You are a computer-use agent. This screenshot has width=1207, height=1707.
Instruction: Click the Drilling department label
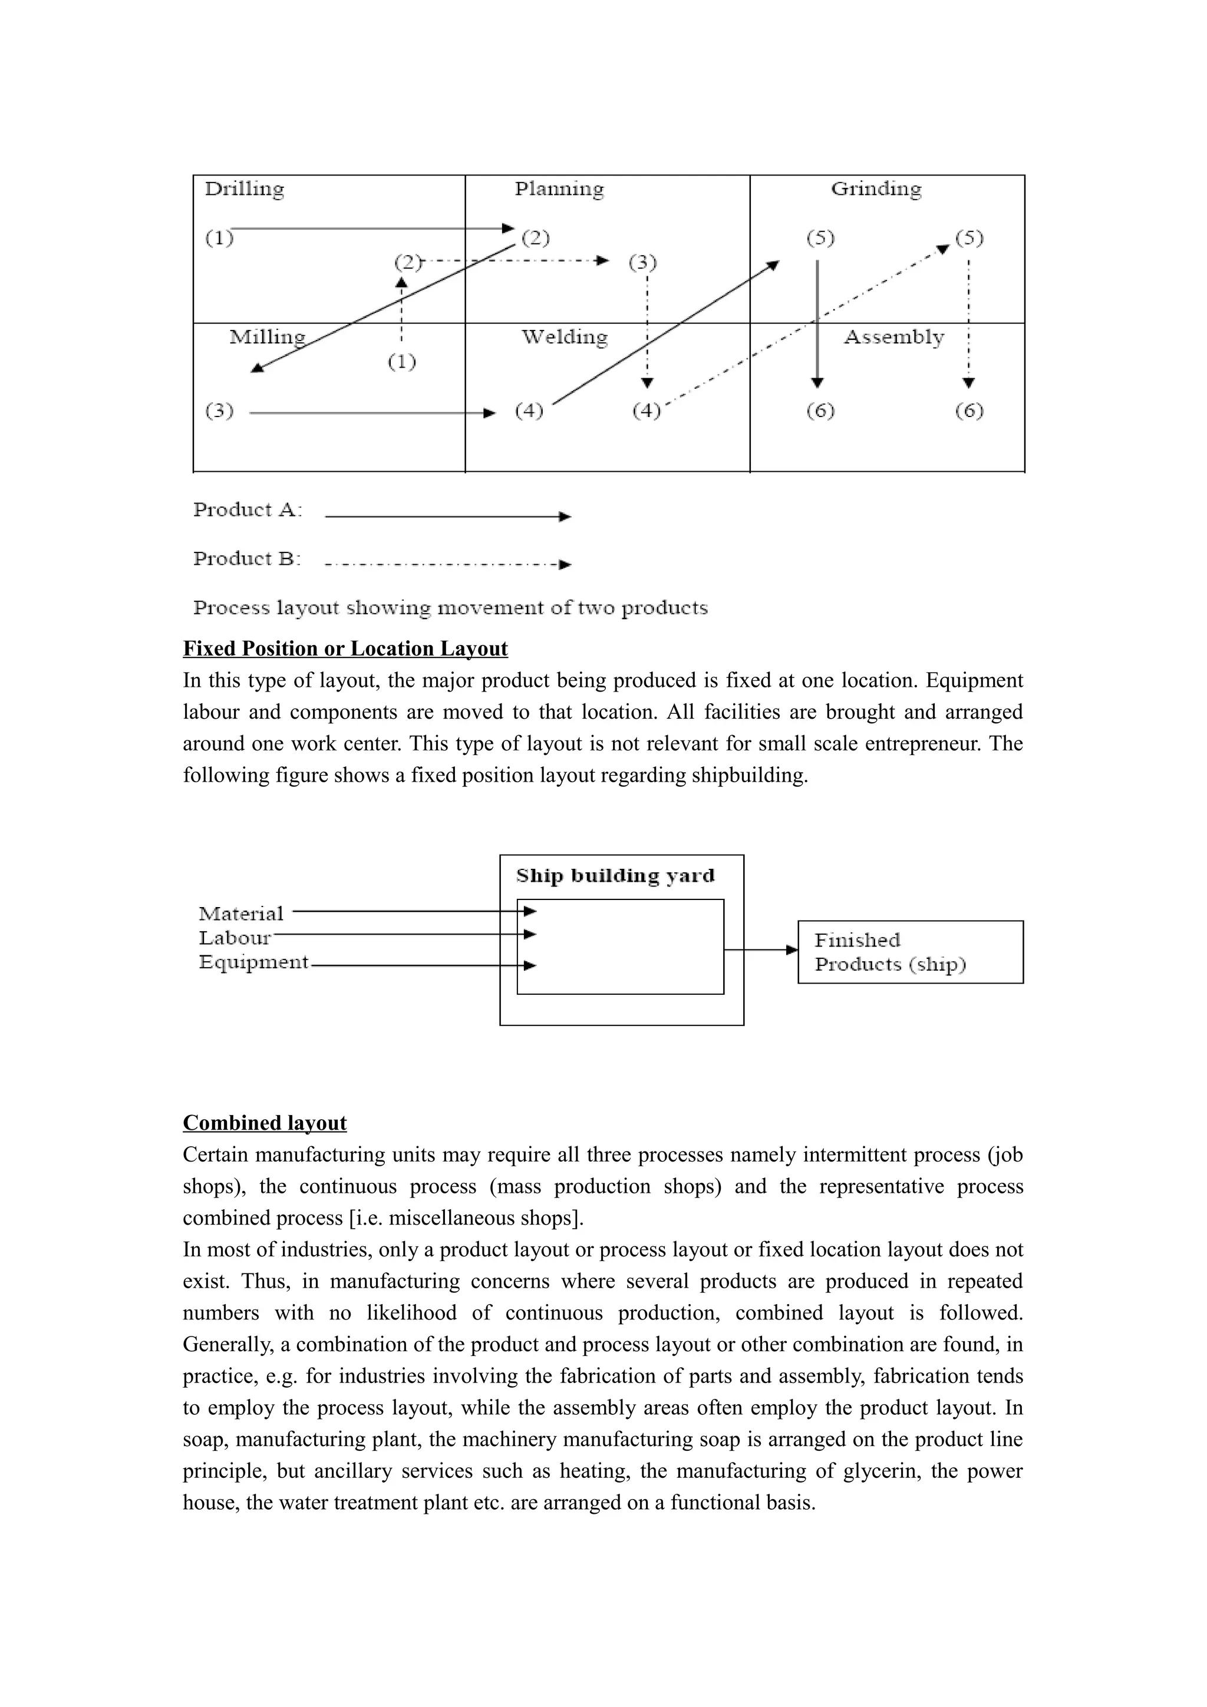tap(244, 189)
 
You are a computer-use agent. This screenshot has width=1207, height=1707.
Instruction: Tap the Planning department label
tap(559, 189)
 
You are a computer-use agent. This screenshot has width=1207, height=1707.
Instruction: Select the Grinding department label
tap(876, 189)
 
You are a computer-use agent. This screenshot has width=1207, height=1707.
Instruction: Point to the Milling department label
tap(267, 338)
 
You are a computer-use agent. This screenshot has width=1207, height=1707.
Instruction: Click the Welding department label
tap(565, 338)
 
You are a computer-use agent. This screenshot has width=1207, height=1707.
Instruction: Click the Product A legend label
tap(247, 510)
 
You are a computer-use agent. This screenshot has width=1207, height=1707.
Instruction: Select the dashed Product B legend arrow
tap(448, 564)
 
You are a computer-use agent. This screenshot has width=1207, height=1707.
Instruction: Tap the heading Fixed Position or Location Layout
tap(345, 649)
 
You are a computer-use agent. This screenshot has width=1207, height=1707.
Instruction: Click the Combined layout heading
tap(265, 1123)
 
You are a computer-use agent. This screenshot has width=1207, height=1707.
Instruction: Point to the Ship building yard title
tap(615, 876)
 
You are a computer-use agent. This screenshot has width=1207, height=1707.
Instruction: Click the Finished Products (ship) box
tap(911, 952)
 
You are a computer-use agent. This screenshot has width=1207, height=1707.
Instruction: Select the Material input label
tap(241, 914)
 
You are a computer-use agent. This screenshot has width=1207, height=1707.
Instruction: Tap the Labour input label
tap(234, 938)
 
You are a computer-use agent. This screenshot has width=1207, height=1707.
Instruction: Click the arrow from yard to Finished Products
tap(760, 950)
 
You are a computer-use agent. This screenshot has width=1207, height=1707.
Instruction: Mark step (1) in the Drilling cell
tap(219, 239)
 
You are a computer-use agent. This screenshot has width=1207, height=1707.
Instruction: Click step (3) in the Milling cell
tap(219, 411)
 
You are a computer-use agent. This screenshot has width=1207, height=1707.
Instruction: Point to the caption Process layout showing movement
tap(450, 608)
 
